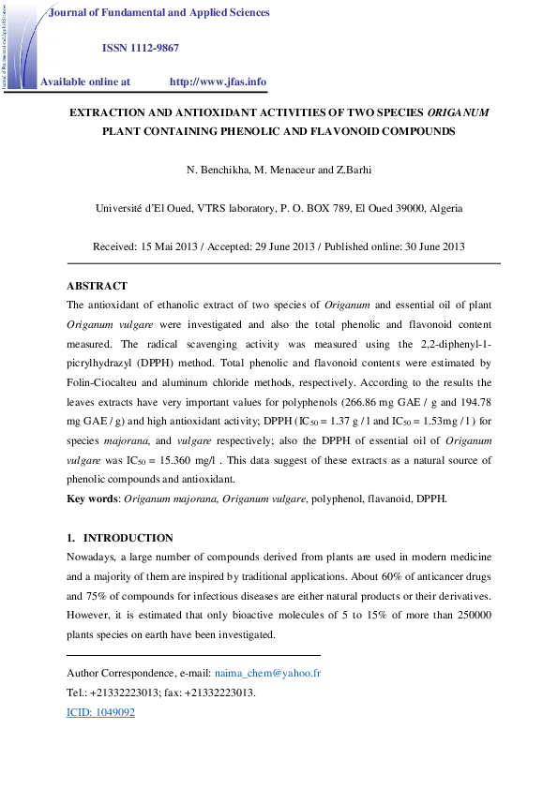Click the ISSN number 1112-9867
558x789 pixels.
(155, 47)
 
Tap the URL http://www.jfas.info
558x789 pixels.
(218, 82)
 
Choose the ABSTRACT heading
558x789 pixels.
(97, 286)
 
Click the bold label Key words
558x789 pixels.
(93, 499)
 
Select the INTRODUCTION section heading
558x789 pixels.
(128, 538)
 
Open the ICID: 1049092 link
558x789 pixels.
(101, 712)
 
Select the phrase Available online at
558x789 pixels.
(85, 82)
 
